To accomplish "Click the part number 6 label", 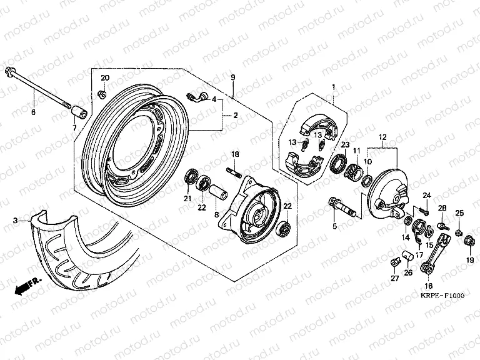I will (34, 112).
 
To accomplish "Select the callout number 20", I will (105, 77).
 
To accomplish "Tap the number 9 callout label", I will (232, 77).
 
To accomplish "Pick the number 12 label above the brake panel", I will (382, 137).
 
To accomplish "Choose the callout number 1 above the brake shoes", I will (334, 87).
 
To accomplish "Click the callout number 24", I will (427, 196).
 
